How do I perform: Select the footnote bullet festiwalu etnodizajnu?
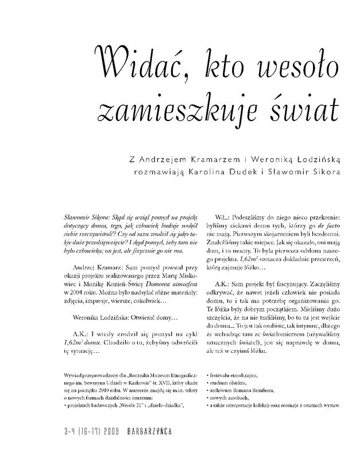(x=237, y=374)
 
